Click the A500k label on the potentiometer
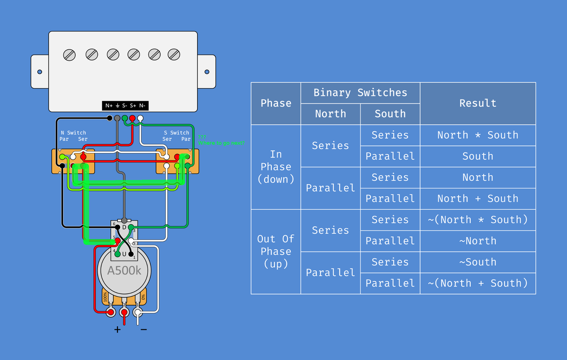[124, 270]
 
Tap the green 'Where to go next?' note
[221, 143]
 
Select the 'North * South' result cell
[477, 135]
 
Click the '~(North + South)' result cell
[477, 283]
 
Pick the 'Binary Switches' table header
[360, 93]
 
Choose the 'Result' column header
[477, 103]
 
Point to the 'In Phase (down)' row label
[276, 166]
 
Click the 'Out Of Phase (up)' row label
[276, 251]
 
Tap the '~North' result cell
[477, 241]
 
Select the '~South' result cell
[477, 262]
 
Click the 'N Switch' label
[73, 133]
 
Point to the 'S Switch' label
[176, 133]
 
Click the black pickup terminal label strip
[125, 106]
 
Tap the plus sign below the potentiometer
[117, 329]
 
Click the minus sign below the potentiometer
[144, 329]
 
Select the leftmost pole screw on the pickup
[69, 55]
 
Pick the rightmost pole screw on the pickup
[174, 55]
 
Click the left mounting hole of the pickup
[40, 72]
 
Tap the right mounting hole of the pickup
[207, 72]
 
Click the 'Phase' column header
[276, 103]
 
